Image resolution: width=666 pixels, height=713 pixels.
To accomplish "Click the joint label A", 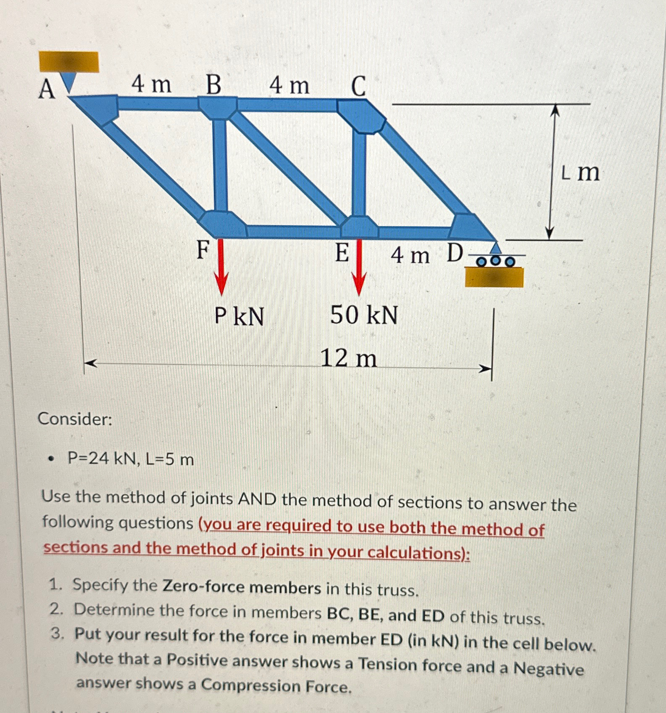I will [x=47, y=90].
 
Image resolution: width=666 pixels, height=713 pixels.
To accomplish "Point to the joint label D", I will [x=455, y=253].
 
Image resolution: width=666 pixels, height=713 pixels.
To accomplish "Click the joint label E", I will [x=342, y=253].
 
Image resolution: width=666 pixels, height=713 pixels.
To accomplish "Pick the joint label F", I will [x=203, y=250].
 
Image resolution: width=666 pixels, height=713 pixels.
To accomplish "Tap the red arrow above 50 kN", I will [x=358, y=267].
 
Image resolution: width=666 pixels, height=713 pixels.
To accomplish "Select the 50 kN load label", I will [x=364, y=315].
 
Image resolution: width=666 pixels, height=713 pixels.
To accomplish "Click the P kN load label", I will [x=239, y=316].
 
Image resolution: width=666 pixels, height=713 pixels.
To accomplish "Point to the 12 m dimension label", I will [x=349, y=359].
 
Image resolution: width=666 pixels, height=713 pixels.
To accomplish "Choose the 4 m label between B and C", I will [x=290, y=85].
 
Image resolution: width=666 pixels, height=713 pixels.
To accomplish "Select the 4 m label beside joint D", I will [x=410, y=255].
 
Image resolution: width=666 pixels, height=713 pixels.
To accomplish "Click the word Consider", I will [x=75, y=419].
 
